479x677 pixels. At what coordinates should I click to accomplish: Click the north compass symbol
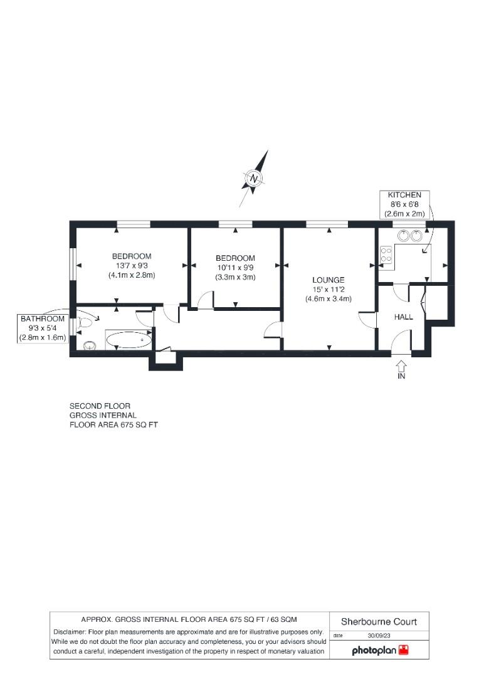254,179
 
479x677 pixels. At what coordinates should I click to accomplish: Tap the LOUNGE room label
329,280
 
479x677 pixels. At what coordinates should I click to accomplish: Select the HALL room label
403,317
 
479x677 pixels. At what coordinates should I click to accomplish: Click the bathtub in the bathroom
129,340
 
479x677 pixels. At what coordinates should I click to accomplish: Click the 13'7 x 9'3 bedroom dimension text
132,266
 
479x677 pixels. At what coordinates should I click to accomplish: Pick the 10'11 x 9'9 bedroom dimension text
235,268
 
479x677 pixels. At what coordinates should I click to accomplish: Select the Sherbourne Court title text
379,622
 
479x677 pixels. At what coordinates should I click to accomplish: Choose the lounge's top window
327,224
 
